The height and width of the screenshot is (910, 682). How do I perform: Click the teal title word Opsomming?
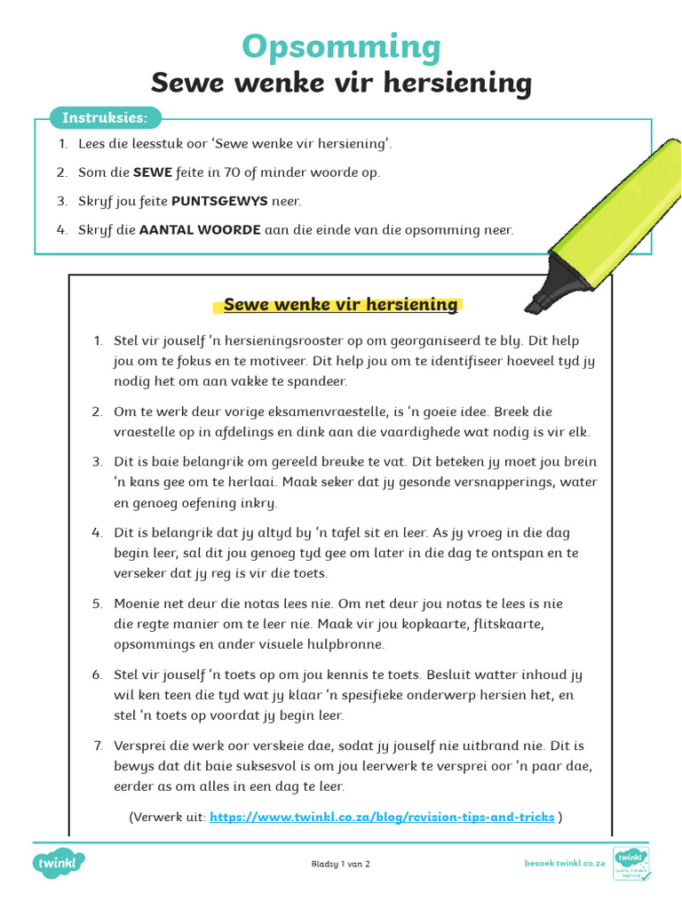click(x=341, y=46)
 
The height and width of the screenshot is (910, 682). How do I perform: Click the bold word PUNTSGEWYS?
click(x=218, y=201)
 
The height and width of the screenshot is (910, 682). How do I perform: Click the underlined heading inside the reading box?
click(x=340, y=305)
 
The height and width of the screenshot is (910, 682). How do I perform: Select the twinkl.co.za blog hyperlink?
click(x=382, y=816)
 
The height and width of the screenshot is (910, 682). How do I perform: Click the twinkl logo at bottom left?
click(x=59, y=863)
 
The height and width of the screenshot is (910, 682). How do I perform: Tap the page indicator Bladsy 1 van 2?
click(x=341, y=864)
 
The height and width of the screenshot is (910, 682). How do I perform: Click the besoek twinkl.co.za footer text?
click(x=565, y=863)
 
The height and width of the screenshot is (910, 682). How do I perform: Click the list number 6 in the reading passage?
click(x=97, y=675)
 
